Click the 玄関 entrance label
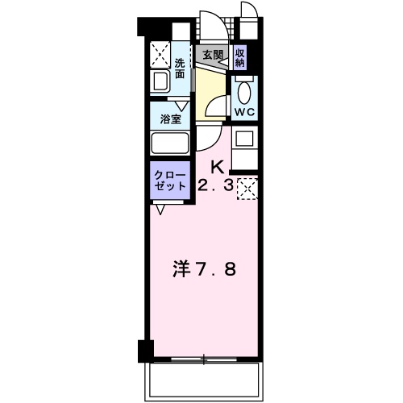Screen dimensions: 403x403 [213, 56]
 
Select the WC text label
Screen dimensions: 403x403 [243, 112]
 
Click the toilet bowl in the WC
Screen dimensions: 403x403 [244, 89]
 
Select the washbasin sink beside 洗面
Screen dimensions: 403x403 [160, 81]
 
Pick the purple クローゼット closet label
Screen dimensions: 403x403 [169, 180]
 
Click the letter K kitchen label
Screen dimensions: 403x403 [217, 167]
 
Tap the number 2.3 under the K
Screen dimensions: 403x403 [215, 186]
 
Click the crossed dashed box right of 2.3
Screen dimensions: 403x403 [246, 188]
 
